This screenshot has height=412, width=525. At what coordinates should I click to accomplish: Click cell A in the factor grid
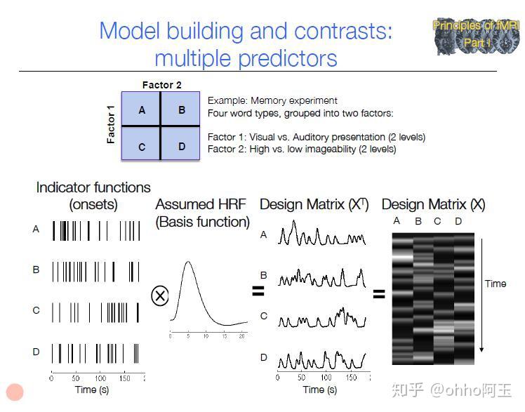(142, 109)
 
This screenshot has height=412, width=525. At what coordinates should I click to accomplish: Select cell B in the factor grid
(182, 109)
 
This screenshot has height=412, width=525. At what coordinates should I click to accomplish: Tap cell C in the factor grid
(142, 147)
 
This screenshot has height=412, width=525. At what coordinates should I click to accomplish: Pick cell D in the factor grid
(182, 147)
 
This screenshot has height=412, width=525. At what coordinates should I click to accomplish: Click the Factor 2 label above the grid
(162, 85)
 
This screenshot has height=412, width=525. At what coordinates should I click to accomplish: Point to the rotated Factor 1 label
(111, 124)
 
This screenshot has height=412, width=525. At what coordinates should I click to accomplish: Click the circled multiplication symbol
(160, 295)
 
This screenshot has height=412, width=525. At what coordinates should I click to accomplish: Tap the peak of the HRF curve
(187, 263)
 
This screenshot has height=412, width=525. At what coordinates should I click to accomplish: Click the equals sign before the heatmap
(379, 294)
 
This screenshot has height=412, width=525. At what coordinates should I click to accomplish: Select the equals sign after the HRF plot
(258, 291)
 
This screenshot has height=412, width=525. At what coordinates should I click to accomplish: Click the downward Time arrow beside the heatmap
(483, 316)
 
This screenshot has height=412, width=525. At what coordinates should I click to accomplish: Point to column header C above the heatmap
(438, 222)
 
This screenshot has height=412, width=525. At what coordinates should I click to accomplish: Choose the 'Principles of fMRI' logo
(477, 36)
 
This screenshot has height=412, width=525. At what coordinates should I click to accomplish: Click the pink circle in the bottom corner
(15, 392)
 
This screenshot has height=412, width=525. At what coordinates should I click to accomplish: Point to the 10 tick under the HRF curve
(205, 337)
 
